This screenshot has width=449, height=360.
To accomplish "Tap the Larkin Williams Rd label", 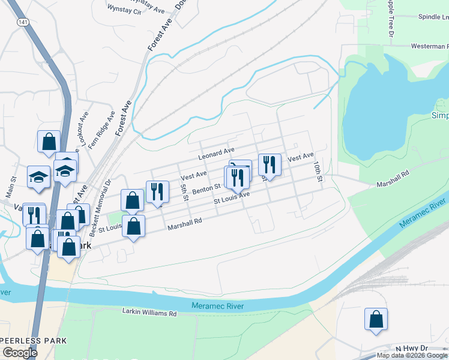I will (x=149, y=313).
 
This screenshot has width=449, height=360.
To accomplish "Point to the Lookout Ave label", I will (x=83, y=126).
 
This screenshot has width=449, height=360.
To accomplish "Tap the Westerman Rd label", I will (x=429, y=46).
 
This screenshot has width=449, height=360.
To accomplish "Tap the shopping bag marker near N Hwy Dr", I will (x=376, y=320).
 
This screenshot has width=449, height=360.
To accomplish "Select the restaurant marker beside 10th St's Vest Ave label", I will (x=270, y=165).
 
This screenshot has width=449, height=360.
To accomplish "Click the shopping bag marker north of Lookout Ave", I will (x=49, y=142).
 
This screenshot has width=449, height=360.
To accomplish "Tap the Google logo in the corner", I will (x=20, y=353).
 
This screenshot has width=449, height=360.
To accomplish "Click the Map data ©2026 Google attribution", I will (x=412, y=355).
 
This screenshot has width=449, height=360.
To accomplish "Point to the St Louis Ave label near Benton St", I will (x=232, y=197).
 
